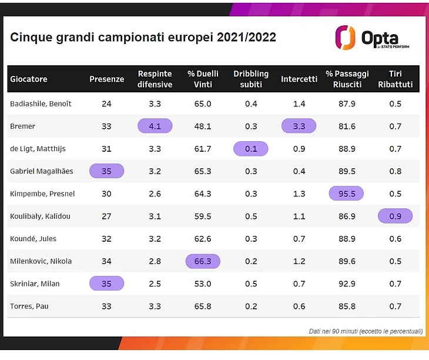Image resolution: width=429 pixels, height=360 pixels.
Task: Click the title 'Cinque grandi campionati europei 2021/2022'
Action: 143,37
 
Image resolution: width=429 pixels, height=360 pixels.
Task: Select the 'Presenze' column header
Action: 106,79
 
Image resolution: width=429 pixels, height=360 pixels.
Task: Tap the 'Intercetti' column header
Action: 299,79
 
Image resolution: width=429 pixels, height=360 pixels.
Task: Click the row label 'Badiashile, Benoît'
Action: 41,104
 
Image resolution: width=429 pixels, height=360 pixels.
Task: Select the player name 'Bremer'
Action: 23,126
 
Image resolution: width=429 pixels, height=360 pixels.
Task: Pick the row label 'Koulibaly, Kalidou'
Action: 40,216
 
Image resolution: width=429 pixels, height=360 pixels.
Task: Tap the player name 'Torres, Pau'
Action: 28,306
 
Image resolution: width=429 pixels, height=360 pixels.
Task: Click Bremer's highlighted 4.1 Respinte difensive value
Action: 155,126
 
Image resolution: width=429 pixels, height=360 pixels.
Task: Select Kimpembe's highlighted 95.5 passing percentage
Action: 347,194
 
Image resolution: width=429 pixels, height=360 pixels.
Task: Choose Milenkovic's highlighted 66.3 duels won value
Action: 203,261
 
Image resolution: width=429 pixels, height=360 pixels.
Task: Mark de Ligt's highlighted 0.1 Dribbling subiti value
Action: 251,149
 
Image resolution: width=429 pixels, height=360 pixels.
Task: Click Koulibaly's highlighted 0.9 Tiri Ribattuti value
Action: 395,216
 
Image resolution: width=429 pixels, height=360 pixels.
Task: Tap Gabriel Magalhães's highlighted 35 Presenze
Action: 106,171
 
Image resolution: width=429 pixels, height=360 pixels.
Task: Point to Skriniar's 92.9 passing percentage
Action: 347,284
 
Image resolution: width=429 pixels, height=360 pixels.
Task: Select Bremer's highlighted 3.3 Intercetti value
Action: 299,126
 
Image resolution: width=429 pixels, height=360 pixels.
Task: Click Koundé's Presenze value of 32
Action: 106,239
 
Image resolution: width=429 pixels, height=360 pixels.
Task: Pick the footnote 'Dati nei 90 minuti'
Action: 366,331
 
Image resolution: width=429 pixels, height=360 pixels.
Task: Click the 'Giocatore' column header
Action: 29,79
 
